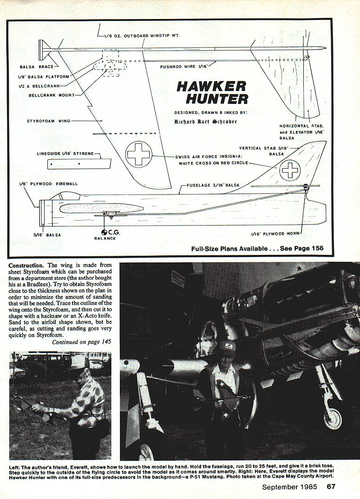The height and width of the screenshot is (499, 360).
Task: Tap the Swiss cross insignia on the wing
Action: point(139,154)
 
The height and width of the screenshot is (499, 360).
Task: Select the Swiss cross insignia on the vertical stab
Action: point(290,170)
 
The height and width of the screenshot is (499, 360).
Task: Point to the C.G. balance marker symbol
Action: point(104,232)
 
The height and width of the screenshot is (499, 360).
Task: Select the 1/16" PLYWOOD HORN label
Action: point(275,233)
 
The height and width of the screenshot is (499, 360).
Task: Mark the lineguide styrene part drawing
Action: point(79,163)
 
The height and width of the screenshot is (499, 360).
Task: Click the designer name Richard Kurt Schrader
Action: point(205,122)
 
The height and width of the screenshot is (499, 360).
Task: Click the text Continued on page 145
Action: point(81,342)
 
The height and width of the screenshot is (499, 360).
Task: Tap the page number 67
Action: point(331,487)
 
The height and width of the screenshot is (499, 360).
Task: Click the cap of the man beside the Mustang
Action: point(227,345)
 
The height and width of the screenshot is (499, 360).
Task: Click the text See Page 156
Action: point(298,248)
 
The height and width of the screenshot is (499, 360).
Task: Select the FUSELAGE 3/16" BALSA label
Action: point(213,185)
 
